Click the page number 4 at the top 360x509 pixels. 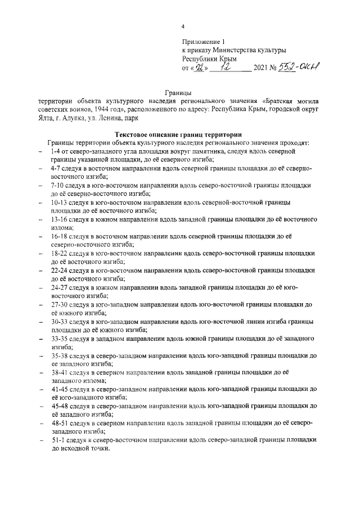182,26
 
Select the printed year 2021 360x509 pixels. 263,69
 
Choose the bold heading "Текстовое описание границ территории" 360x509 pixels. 177,135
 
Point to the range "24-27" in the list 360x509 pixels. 58,288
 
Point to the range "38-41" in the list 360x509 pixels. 58,372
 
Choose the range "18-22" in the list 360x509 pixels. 58,254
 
